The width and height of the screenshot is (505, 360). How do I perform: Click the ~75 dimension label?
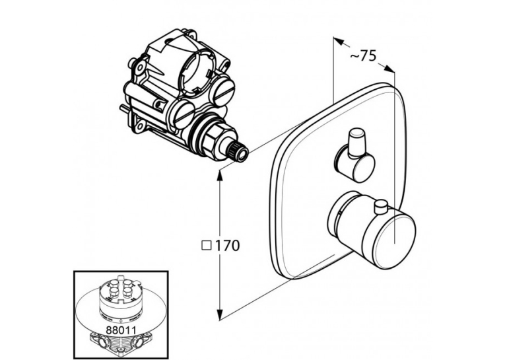pos(363,55)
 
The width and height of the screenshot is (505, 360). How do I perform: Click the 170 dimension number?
pos(227,246)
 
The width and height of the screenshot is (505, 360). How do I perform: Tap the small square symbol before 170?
pos(207,246)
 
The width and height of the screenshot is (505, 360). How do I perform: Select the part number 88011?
pos(120,330)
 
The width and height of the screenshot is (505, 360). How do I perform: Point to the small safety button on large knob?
pos(381,207)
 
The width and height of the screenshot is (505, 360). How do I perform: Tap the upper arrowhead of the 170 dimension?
pos(220,176)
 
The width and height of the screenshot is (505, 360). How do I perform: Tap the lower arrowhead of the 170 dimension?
pos(220,314)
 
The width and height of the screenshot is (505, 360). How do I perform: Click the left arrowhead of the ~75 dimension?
pos(338,41)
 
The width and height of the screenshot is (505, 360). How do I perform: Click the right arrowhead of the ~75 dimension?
pos(389,68)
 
